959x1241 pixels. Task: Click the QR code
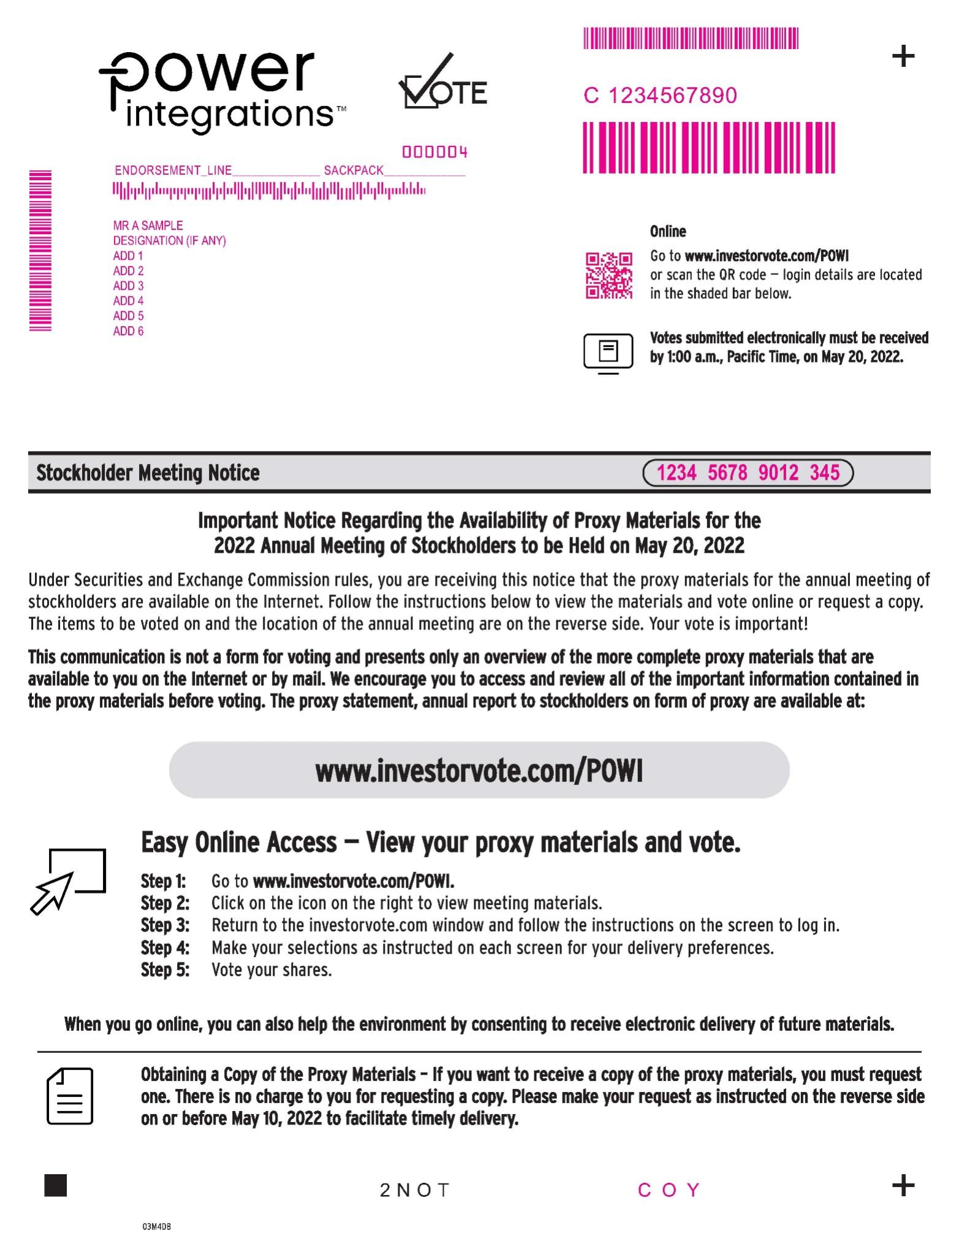tap(608, 275)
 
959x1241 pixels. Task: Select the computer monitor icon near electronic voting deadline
tap(608, 354)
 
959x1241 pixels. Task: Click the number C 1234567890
tap(660, 96)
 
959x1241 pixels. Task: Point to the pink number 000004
tap(434, 152)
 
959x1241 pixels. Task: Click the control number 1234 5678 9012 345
tap(748, 473)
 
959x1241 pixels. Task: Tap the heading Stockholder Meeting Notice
tap(148, 473)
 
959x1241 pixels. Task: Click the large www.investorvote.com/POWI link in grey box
tap(479, 771)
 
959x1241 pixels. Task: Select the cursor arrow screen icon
tap(68, 881)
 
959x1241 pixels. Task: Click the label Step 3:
tap(165, 925)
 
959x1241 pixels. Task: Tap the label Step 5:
tap(165, 970)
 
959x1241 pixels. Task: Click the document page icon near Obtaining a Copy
tap(70, 1096)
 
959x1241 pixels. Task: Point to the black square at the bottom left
tap(56, 1185)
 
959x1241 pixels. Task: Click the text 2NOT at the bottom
tap(415, 1190)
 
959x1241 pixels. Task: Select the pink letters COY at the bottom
tap(669, 1190)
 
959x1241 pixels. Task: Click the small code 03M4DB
tap(156, 1227)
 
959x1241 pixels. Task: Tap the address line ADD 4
tap(128, 301)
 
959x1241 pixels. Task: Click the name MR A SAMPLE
tap(148, 226)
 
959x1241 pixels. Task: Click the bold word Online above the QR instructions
tap(668, 232)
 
